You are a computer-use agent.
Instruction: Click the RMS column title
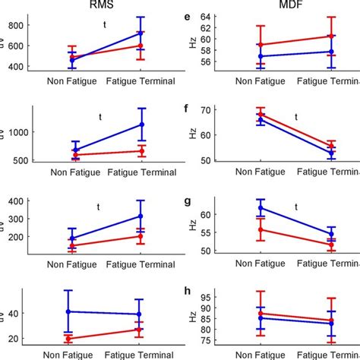click(x=105, y=6)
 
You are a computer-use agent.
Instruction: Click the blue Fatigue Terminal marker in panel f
click(x=331, y=153)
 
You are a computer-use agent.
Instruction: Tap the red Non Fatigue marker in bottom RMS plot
click(x=68, y=339)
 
